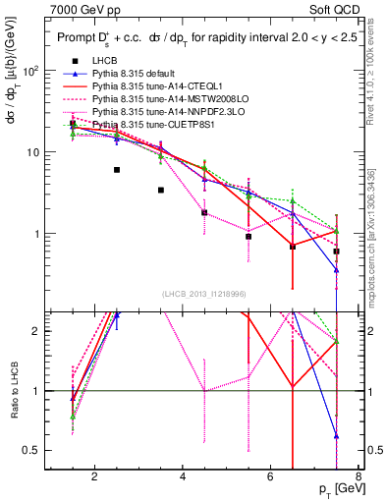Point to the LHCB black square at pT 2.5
point(117,170)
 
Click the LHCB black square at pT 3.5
point(161,190)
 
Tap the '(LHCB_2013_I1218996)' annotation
point(203,294)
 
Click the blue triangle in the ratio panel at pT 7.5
point(337,436)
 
